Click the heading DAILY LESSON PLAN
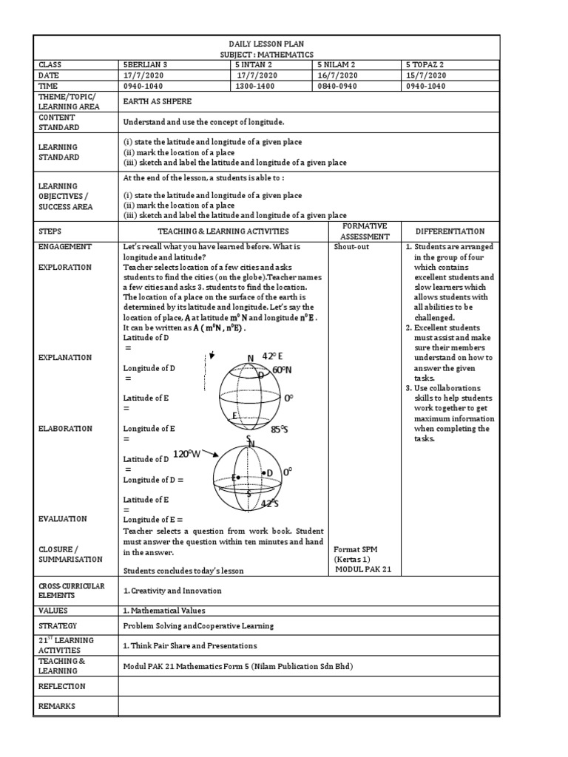pos(257,44)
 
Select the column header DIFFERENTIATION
pos(450,231)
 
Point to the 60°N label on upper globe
pos(283,370)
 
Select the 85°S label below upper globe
pos(280,429)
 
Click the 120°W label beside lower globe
pos(187,454)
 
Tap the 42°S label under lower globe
pos(270,503)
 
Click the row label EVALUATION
pos(63,519)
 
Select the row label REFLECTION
pos(61,686)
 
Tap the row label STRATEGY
pos(55,625)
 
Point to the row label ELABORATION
pos(65,428)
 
